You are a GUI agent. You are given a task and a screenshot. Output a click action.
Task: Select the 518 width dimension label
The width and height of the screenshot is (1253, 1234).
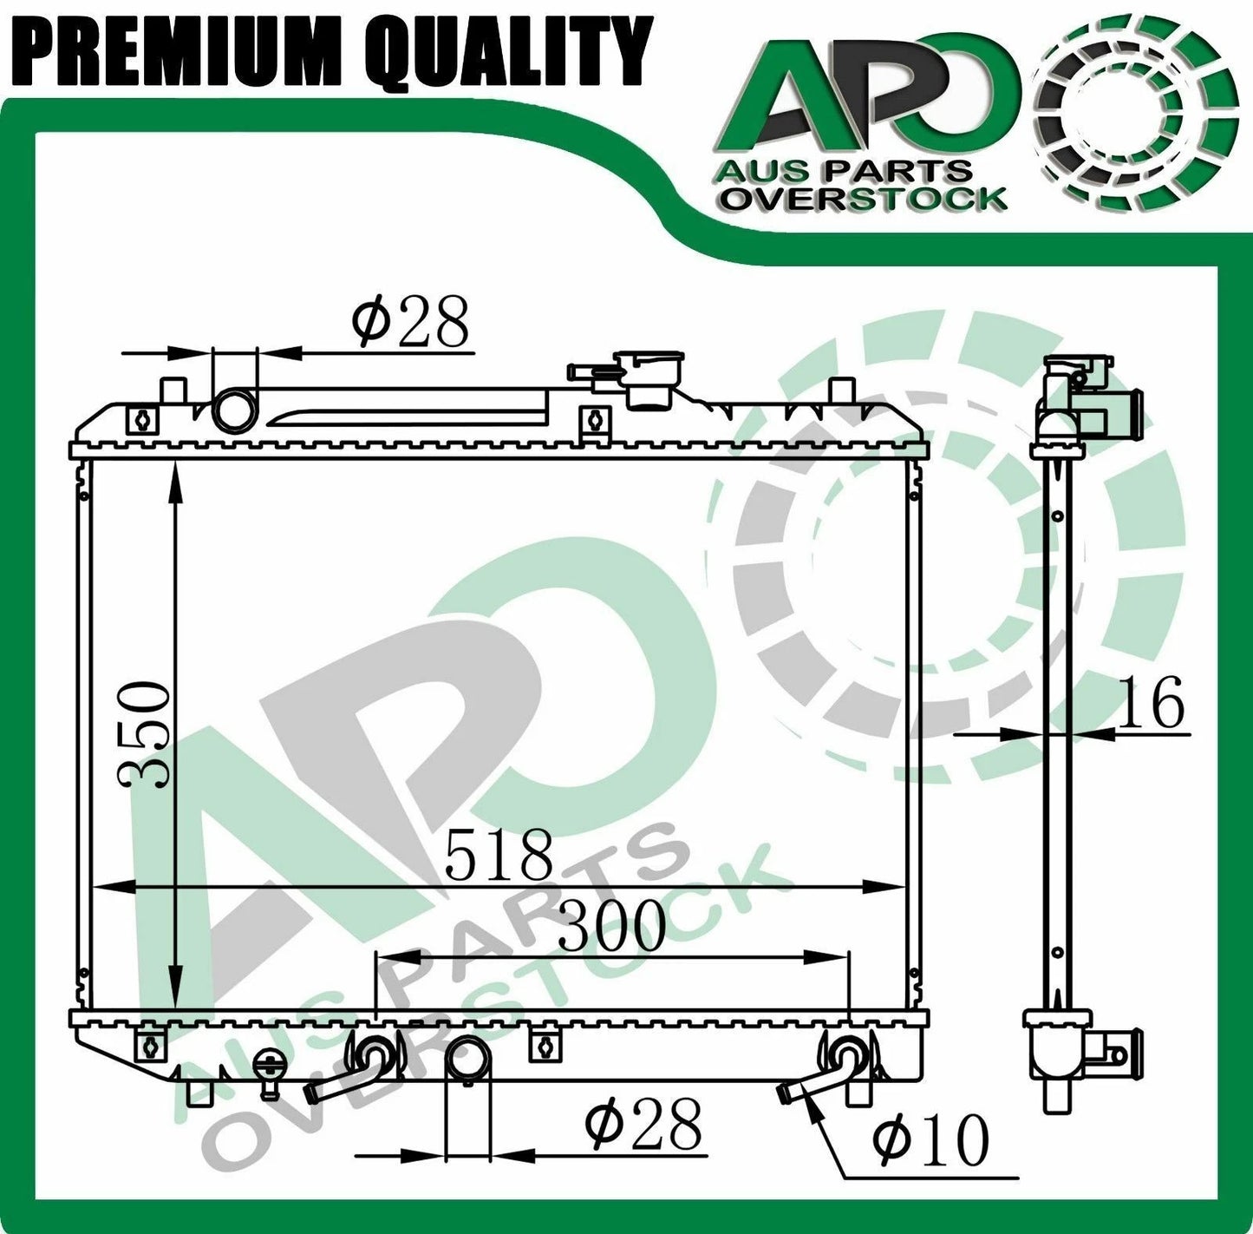[500, 853]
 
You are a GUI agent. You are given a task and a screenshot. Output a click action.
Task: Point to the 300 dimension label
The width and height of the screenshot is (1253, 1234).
[612, 924]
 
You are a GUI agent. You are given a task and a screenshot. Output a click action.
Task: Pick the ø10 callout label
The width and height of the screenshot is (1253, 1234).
[930, 1139]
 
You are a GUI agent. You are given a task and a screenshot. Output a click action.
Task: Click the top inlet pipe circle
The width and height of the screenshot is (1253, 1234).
[235, 410]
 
